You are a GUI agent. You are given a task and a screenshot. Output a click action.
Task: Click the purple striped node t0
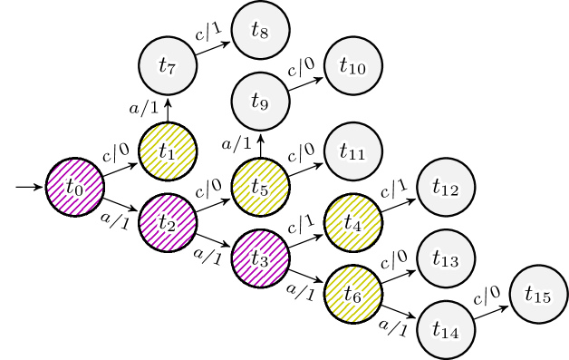click(x=75, y=188)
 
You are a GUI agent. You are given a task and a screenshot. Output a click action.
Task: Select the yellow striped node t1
click(x=168, y=151)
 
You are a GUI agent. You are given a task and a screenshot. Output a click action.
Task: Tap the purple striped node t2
click(x=168, y=223)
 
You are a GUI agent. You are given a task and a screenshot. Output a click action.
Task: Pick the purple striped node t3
click(x=260, y=259)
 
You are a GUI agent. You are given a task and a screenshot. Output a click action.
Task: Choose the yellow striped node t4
click(x=353, y=223)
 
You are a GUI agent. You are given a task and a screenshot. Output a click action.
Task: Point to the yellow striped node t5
click(x=260, y=188)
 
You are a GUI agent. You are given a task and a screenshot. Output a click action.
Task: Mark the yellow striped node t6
click(x=353, y=295)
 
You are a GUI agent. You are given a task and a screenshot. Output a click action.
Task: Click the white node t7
click(x=168, y=65)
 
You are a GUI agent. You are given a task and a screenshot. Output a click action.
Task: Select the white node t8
click(x=260, y=30)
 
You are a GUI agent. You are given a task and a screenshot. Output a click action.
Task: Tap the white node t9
click(x=260, y=102)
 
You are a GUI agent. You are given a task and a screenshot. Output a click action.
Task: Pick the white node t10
click(x=353, y=65)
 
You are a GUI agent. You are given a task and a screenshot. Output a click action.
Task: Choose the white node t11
click(x=353, y=151)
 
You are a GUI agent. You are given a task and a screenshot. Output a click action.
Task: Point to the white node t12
click(x=446, y=188)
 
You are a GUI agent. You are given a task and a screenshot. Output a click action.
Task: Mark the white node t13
click(x=446, y=259)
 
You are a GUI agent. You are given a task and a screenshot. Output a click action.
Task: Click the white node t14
click(x=446, y=330)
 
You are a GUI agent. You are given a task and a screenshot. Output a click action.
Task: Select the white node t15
click(x=539, y=295)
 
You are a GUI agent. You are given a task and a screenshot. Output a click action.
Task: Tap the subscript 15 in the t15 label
click(x=543, y=298)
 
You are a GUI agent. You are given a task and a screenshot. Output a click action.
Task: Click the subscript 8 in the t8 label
click(x=264, y=34)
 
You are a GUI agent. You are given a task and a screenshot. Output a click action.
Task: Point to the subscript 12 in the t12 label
click(x=450, y=191)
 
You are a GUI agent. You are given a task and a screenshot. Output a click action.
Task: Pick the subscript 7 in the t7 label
click(x=171, y=70)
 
